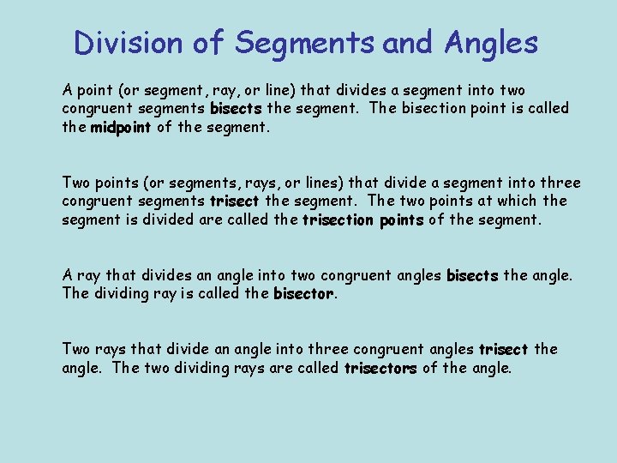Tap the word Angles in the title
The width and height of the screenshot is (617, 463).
click(491, 42)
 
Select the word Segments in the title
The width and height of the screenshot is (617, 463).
click(304, 42)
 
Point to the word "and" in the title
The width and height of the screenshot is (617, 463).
click(407, 42)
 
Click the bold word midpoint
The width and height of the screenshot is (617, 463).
click(121, 128)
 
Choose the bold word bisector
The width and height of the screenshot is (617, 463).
click(303, 294)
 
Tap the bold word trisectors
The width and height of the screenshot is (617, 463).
click(380, 368)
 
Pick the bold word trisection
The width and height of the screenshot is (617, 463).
click(337, 219)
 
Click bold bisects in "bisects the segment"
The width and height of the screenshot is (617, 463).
click(236, 109)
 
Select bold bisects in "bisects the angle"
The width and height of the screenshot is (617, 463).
click(472, 275)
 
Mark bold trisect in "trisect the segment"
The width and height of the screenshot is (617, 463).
click(234, 201)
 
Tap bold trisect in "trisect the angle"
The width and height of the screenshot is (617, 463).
click(503, 349)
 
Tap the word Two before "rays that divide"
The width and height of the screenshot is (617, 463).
click(76, 349)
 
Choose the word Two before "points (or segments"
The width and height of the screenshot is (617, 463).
click(76, 183)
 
